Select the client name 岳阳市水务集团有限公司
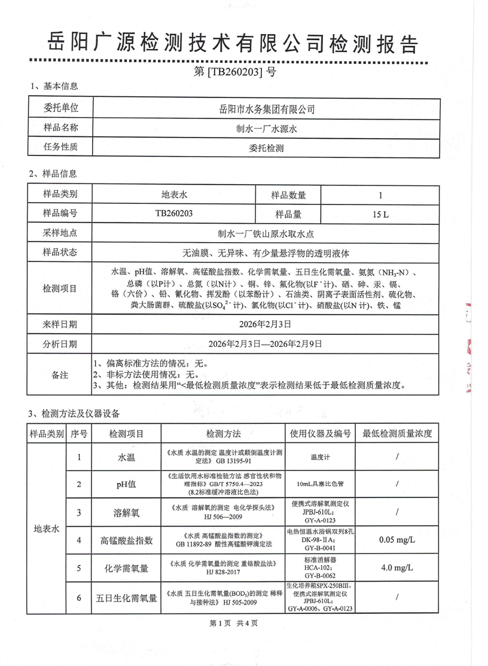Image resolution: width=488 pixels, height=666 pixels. click(x=267, y=109)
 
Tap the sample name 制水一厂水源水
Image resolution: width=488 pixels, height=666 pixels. click(x=267, y=128)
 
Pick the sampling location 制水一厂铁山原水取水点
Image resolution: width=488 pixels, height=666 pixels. click(x=267, y=233)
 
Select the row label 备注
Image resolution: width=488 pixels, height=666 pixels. click(x=60, y=374)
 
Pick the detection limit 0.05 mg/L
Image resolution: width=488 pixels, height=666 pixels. click(x=397, y=540)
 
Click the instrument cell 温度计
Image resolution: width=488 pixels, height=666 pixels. click(x=321, y=458)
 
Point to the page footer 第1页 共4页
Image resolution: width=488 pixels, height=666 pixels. click(x=234, y=623)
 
